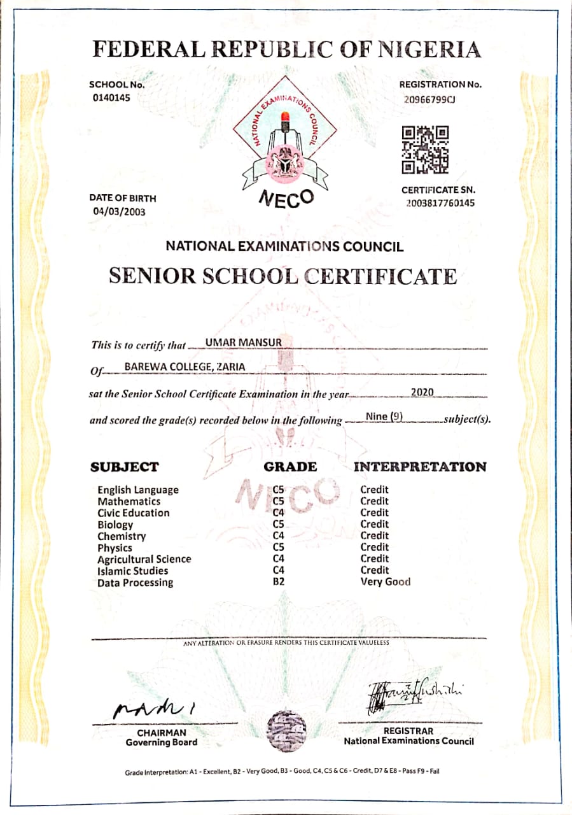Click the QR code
[x=425, y=150]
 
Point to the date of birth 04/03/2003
[x=119, y=211]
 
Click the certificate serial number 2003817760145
[x=440, y=203]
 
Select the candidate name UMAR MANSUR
[x=243, y=343]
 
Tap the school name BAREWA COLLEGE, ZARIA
[x=185, y=367]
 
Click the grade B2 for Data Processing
[x=278, y=581]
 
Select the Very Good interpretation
[x=386, y=581]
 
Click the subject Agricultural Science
[x=144, y=559]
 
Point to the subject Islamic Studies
[x=132, y=570]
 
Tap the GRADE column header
[x=290, y=467]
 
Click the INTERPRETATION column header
[x=420, y=467]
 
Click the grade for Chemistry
[x=278, y=535]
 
